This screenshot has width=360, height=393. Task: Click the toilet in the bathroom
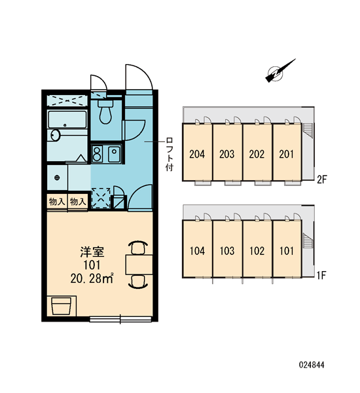tap(106, 111)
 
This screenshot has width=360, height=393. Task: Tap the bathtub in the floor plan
tap(67, 120)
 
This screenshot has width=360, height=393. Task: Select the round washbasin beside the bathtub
tap(55, 136)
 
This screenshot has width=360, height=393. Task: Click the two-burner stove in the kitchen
tap(97, 154)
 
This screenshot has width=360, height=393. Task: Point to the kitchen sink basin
tap(114, 154)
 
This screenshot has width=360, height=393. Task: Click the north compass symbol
tap(280, 71)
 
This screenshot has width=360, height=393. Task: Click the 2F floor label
tap(322, 179)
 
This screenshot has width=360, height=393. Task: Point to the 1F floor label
tap(321, 276)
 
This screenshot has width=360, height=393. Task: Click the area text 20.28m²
tap(92, 278)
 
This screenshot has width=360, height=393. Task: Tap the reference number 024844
tap(312, 365)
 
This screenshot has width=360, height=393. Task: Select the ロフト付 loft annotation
tap(170, 154)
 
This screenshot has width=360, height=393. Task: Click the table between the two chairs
tap(139, 265)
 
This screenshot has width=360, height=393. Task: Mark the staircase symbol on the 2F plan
tap(308, 130)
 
